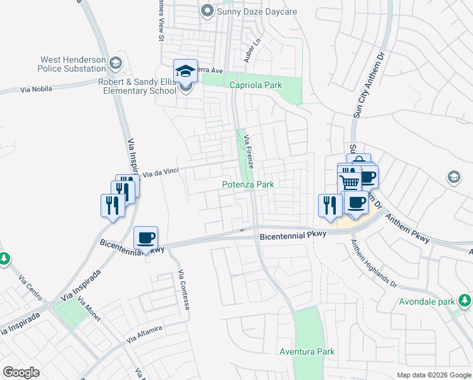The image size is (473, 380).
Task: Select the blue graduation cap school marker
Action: [x=186, y=71]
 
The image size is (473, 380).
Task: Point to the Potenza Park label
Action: [x=248, y=184]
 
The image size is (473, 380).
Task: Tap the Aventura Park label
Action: [x=307, y=351]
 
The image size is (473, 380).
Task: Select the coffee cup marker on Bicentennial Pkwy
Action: [x=146, y=238]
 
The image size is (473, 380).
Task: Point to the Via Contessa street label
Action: [x=184, y=293]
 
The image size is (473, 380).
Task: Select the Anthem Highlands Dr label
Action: [x=372, y=266]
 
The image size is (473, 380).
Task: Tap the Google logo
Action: [x=21, y=372]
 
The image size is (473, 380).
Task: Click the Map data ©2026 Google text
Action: [x=433, y=375]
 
